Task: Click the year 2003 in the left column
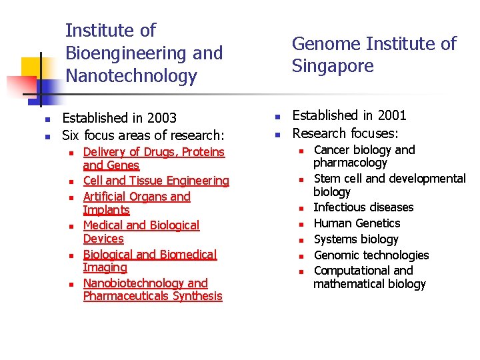162,118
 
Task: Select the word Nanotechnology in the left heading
131,76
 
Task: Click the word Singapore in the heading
333,66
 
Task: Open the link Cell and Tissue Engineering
156,181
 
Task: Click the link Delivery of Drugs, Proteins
154,152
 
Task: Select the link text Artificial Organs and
137,197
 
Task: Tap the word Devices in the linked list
103,239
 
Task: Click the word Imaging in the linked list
105,267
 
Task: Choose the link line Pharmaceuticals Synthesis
153,296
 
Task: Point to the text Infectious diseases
363,207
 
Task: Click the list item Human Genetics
357,223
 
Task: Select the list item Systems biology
356,239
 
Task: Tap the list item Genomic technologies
371,255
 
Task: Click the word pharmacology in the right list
350,163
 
